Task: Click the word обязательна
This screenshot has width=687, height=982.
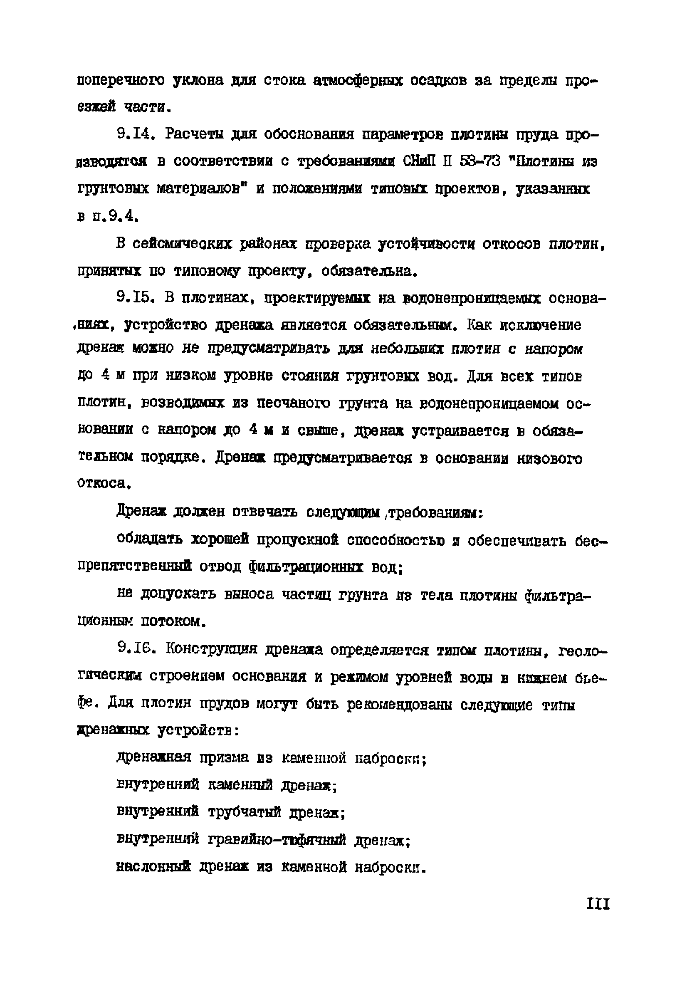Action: (x=368, y=271)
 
